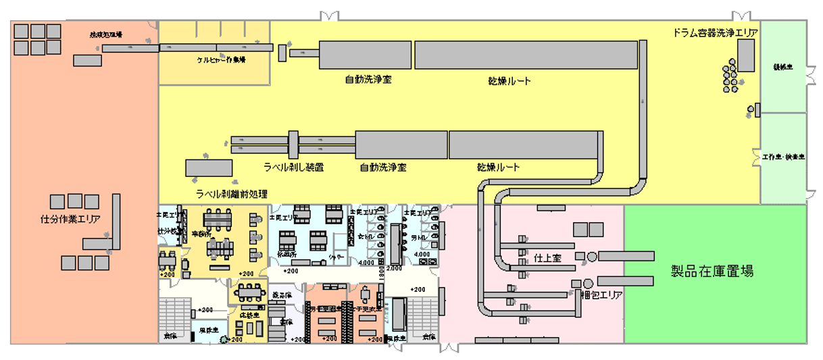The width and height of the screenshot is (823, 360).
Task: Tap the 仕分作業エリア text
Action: point(70,219)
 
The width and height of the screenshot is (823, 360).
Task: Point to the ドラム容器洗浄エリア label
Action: point(716,32)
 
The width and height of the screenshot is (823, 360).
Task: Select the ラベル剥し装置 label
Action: point(294,167)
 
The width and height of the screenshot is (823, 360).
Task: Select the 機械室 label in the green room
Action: point(783,67)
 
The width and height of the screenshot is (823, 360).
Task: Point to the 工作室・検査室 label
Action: point(783,157)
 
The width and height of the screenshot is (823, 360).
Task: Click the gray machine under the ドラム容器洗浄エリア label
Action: point(746,55)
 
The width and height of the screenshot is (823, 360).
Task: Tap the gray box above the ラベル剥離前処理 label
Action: point(209,168)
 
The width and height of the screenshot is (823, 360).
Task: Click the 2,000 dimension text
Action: point(393,268)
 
